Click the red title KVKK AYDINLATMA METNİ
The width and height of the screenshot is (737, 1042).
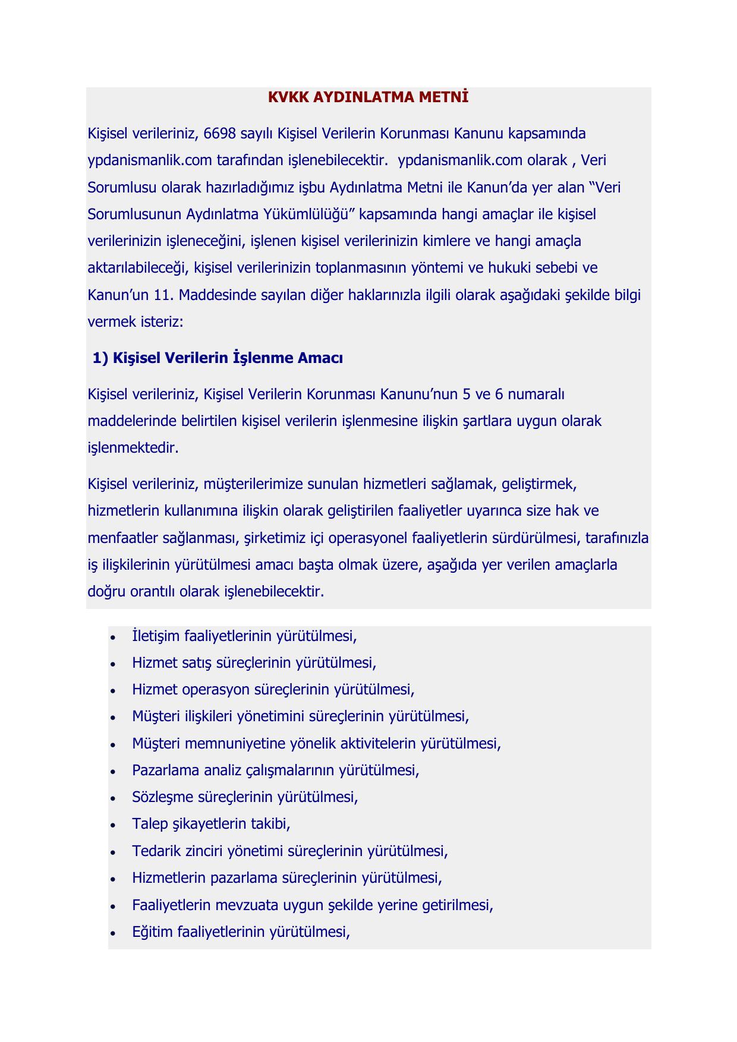click(368, 97)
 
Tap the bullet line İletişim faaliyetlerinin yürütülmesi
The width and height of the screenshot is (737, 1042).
click(244, 636)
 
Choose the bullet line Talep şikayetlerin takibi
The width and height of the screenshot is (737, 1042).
click(211, 824)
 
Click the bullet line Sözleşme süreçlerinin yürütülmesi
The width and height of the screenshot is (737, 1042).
click(245, 797)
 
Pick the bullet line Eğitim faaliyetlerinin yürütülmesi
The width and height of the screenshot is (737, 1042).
click(241, 932)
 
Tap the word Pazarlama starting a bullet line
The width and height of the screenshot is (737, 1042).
click(165, 771)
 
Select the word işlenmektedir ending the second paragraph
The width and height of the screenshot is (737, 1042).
click(133, 448)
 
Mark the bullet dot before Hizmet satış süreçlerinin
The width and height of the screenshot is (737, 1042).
click(113, 664)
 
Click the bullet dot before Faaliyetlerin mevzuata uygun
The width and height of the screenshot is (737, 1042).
click(113, 905)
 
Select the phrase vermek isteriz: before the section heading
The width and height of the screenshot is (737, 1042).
click(136, 322)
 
